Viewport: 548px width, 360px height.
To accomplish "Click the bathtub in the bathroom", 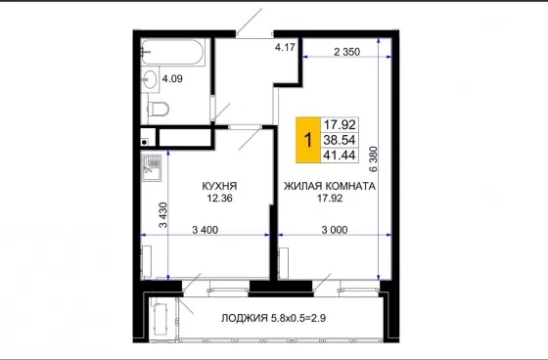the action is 172,52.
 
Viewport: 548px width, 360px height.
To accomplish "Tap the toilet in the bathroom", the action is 159,109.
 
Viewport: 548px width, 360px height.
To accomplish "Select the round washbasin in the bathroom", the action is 151,79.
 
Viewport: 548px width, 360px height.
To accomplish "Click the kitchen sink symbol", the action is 152,167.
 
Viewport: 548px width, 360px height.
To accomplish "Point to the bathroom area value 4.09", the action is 172,78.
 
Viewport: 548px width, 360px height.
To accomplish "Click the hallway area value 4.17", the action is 285,47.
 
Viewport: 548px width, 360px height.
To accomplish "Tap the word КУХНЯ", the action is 219,186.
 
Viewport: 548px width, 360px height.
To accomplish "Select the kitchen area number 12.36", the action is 219,199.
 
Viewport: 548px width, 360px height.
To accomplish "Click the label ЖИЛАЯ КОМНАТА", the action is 330,186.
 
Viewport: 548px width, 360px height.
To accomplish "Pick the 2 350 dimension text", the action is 346,52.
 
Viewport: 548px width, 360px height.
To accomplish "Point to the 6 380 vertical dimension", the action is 373,159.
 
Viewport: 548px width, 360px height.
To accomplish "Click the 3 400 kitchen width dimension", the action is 205,230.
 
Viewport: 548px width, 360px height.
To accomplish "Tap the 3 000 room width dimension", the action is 335,230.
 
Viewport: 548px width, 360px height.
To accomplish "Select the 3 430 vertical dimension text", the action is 163,215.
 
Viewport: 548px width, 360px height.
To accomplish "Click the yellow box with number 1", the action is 308,140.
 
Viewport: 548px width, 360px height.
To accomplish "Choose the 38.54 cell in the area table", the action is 340,140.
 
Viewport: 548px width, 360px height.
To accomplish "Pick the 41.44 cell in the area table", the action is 340,155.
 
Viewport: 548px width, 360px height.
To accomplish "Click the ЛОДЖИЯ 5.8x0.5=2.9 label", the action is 273,318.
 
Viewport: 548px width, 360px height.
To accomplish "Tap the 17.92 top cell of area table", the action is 340,124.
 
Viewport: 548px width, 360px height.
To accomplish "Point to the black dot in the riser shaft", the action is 144,142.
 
